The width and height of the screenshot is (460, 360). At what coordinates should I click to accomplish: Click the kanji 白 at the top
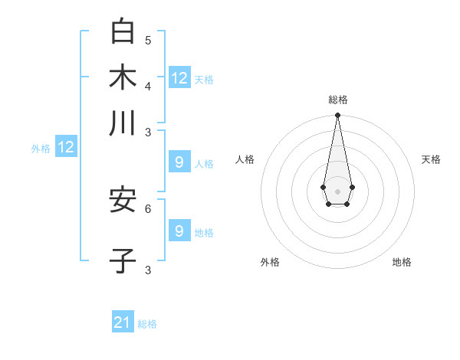coord(123,31)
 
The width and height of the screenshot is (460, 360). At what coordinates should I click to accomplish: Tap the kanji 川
coord(123,123)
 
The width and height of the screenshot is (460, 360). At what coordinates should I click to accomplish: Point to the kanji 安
coord(123,201)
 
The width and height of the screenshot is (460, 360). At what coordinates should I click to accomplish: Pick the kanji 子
coord(123,260)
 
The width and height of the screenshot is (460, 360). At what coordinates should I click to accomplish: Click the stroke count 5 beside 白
coord(148,40)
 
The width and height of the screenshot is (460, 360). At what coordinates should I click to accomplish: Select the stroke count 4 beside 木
coord(148,85)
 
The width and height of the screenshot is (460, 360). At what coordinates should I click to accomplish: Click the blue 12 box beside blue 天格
coord(179,77)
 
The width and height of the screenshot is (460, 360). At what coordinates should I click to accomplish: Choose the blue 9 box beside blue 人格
coord(179,162)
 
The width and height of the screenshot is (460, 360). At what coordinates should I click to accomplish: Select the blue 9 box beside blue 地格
coord(179,231)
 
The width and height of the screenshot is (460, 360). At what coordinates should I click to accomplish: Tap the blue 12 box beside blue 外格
coord(66,147)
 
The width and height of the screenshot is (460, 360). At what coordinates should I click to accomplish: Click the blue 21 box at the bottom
coord(123,322)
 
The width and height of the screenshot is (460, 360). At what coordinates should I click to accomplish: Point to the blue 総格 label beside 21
coord(147,324)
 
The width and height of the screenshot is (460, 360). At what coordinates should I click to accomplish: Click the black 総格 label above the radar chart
coord(337,100)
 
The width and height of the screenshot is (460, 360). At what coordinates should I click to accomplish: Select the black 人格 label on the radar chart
coord(245,159)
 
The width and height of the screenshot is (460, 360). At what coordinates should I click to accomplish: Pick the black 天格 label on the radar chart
coord(431,159)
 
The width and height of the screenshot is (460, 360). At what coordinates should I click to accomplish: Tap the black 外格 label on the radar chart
coord(270,262)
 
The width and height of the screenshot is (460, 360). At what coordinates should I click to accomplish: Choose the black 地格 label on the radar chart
coord(402,262)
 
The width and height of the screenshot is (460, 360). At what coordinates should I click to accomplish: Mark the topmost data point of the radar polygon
coord(337,116)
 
